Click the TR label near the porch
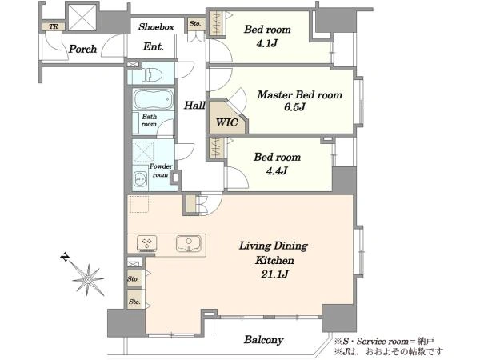(x=54, y=26)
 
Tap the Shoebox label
(x=157, y=27)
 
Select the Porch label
(x=82, y=49)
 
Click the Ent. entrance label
(x=154, y=47)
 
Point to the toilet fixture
(x=152, y=74)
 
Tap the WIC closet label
(x=227, y=122)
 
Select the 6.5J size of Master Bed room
(x=294, y=107)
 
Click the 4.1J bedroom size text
(x=266, y=43)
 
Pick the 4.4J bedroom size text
(x=277, y=170)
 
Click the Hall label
(x=194, y=106)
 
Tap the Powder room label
(x=161, y=170)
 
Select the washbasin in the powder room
(x=140, y=178)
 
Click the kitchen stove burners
(x=147, y=243)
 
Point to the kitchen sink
(x=189, y=243)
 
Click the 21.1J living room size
(x=274, y=274)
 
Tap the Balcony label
(x=263, y=340)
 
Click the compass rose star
(x=88, y=279)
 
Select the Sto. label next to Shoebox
(x=195, y=23)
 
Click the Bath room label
(x=149, y=120)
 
